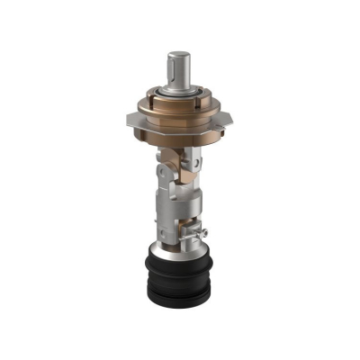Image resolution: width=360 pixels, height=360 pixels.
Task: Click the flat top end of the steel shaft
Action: point(178,56)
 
